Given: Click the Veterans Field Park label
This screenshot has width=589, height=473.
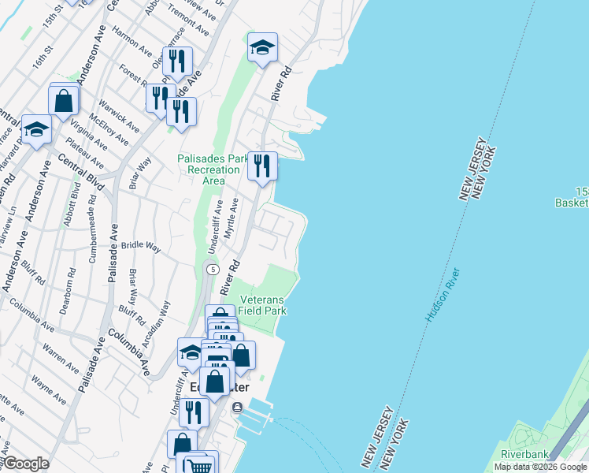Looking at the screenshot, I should [263, 305].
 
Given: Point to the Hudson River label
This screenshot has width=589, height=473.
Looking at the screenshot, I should [444, 294].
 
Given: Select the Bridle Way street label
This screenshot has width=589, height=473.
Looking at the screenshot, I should [141, 248].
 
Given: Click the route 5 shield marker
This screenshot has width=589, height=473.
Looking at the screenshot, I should [212, 270].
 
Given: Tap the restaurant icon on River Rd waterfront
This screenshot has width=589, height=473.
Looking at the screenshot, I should [262, 166].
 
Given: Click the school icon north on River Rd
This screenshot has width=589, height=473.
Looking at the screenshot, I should [262, 47].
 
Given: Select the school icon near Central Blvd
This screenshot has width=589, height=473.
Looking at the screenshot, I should [35, 129].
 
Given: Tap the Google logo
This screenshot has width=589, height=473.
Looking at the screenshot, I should [26, 464].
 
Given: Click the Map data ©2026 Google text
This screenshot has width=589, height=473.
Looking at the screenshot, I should [540, 467].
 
